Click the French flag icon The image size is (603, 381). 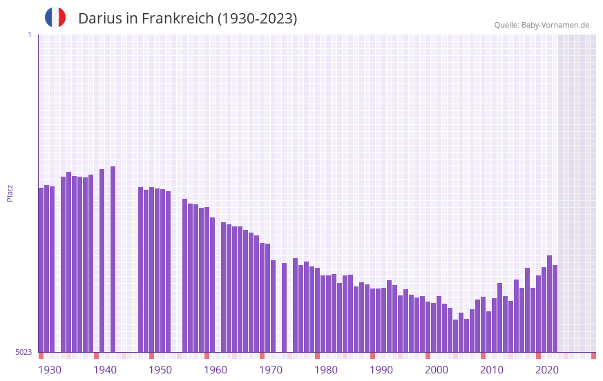coord(55,18)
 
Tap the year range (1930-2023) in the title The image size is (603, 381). coord(257,19)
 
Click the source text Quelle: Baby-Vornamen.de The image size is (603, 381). coord(542,25)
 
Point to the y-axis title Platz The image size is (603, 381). coord(10,193)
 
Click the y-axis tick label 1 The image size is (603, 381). coord(29,35)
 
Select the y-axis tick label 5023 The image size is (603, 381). coord(24,352)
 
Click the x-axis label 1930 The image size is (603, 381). coord(50,370)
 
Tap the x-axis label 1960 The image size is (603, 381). coord(216,370)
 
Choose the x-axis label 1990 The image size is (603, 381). coord(381,370)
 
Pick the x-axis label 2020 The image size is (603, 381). coord(547,370)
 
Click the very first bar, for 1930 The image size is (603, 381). coord(41,269)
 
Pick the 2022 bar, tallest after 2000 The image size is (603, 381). coord(550,304)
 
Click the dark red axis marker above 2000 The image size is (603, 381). coord(428,355)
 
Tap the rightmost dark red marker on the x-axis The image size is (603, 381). coord(593,355)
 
